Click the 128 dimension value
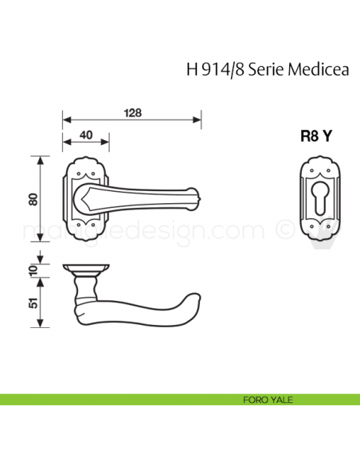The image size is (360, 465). point(132,112)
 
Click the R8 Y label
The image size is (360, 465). point(315,135)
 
